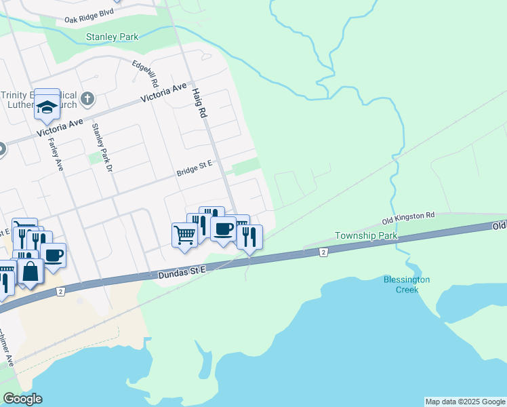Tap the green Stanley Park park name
click(112, 37)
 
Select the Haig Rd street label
click(197, 103)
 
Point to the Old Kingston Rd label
click(407, 219)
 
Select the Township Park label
click(365, 236)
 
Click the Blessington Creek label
click(407, 284)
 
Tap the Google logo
click(22, 399)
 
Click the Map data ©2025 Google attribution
click(465, 402)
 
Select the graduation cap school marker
click(47, 106)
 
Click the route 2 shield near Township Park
click(324, 252)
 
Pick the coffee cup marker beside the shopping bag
click(54, 254)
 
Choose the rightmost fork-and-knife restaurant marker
click(249, 237)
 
